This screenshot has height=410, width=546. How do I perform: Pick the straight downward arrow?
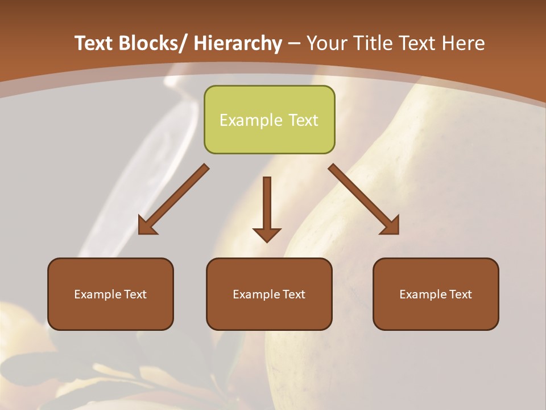point(267,208)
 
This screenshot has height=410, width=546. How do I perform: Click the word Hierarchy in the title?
point(238,43)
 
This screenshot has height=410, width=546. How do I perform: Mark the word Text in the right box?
point(460,294)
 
